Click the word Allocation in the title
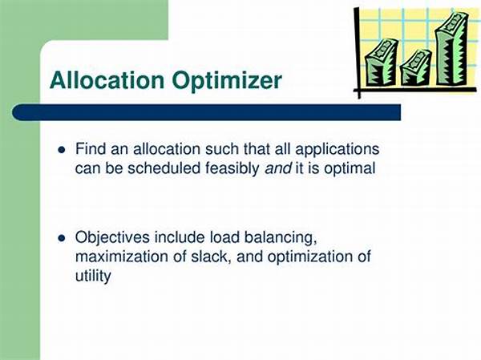click(107, 80)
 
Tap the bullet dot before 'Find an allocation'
click(62, 150)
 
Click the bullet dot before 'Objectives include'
click(62, 238)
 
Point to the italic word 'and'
click(278, 168)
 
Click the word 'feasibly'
click(232, 169)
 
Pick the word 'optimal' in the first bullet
click(350, 169)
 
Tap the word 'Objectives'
click(112, 238)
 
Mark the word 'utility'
click(93, 277)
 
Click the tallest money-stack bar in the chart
click(452, 49)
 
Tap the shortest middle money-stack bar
click(416, 68)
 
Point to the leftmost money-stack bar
click(381, 63)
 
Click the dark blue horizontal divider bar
click(207, 112)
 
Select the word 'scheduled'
click(164, 168)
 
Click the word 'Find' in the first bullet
click(91, 149)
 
